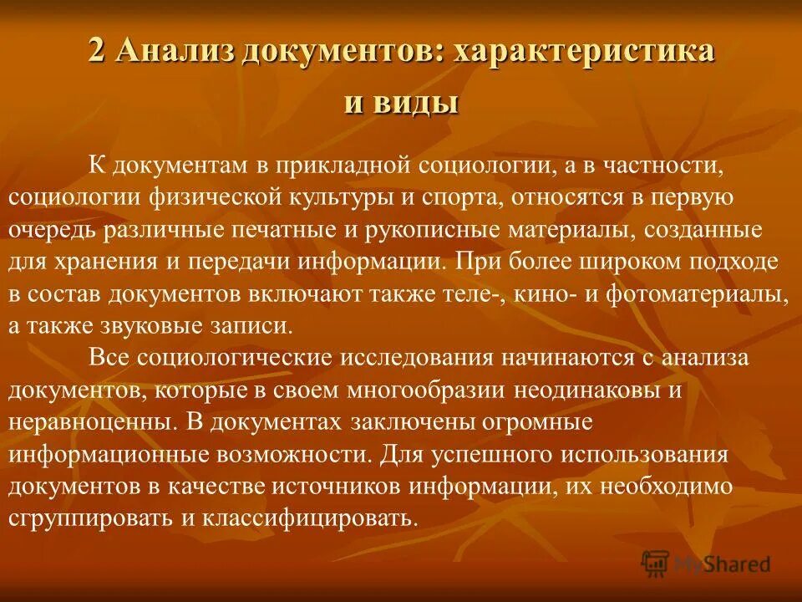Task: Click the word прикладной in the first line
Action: click(x=337, y=166)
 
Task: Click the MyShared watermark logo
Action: click(x=706, y=564)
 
